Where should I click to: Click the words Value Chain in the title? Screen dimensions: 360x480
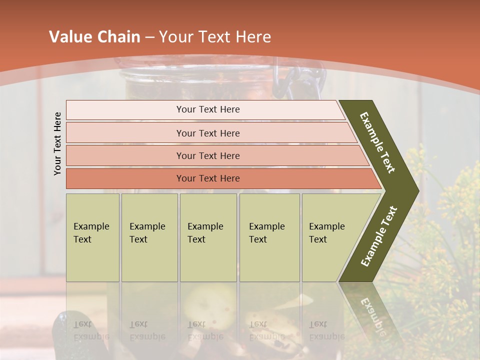click(94, 37)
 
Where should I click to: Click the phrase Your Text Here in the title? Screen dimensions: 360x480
click(215, 37)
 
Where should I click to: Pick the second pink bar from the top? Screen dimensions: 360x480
click(208, 133)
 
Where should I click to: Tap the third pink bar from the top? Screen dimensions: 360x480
click(208, 155)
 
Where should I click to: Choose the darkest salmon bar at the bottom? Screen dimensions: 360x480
click(208, 178)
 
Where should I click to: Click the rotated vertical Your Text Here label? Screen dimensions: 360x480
click(57, 143)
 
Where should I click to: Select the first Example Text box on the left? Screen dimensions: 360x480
click(92, 237)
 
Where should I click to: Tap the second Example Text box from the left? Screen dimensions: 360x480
click(149, 237)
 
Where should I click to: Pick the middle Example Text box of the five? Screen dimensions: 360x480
click(208, 237)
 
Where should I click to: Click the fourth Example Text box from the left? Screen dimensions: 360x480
click(269, 237)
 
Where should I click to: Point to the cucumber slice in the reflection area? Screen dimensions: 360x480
click(209, 303)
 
